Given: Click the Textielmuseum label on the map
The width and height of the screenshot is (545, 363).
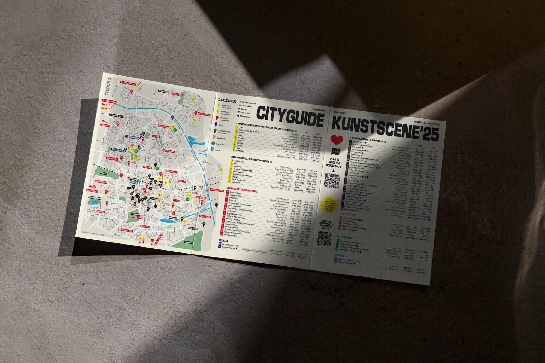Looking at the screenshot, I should [x=133, y=138].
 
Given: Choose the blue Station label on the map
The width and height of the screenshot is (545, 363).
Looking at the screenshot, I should [x=134, y=182].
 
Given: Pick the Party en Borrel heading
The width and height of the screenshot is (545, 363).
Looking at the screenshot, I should [x=345, y=238].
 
